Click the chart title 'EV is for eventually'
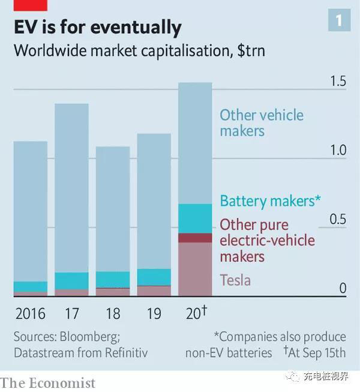point(97,27)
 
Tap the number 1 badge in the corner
point(339,21)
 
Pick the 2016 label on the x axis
point(30,313)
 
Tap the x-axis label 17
point(71,313)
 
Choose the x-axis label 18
point(112,313)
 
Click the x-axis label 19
point(154,313)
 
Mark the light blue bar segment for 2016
point(31,210)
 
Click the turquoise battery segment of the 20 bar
point(195,219)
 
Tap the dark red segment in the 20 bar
point(195,238)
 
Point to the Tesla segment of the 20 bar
point(195,269)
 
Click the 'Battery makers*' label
point(267,201)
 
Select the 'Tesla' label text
point(235,280)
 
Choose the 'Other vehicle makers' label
point(261,122)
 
